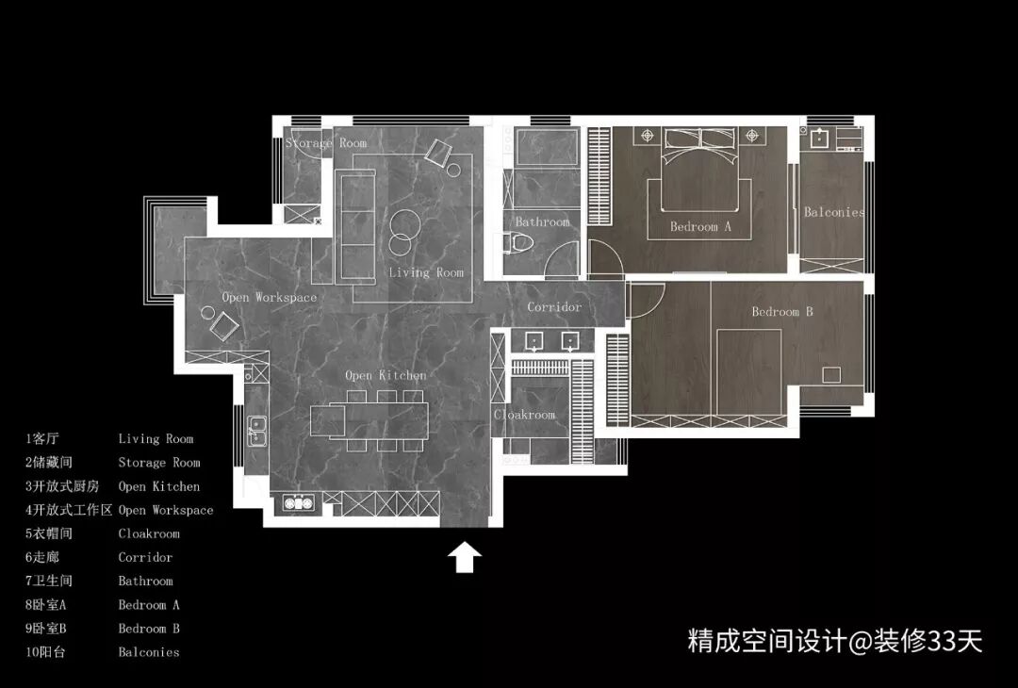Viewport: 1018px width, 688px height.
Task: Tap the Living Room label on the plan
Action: click(x=426, y=272)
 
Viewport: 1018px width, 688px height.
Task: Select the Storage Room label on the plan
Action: click(x=326, y=143)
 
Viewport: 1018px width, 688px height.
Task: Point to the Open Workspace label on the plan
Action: click(x=270, y=298)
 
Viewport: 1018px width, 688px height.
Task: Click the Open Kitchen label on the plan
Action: click(x=386, y=376)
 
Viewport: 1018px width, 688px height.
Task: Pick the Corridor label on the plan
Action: click(x=554, y=307)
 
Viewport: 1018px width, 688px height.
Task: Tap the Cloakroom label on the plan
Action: click(x=525, y=415)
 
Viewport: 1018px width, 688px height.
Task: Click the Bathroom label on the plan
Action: click(x=542, y=222)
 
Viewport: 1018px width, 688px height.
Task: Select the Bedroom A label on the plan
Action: click(x=700, y=227)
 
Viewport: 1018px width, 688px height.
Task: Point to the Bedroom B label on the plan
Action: click(x=781, y=312)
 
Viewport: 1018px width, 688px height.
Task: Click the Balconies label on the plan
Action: click(x=833, y=213)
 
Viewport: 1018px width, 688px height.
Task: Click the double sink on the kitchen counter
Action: click(x=255, y=431)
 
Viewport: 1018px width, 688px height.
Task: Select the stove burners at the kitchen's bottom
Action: click(x=299, y=503)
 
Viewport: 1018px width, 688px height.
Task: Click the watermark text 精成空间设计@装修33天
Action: click(x=835, y=642)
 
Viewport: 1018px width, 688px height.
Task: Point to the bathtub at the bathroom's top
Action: click(x=546, y=147)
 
